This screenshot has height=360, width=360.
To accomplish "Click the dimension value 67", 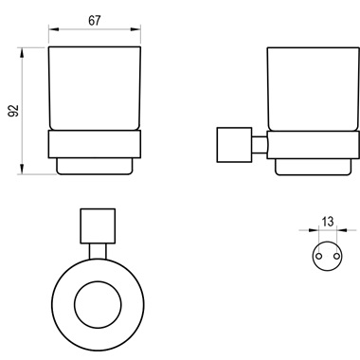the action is click(95, 21).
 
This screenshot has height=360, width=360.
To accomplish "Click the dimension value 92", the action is click(13, 111).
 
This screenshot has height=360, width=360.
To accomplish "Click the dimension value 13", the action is click(328, 222).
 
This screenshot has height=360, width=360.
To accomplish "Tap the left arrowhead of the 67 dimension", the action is click(54, 29).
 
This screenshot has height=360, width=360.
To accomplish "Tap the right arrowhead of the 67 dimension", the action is click(135, 29).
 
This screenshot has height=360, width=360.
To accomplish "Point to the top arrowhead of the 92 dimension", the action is click(22, 52).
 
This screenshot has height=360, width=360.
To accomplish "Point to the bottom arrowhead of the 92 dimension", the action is click(22, 169).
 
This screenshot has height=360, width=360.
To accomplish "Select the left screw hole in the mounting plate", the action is click(319, 255).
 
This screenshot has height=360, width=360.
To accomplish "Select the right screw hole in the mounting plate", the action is click(337, 255).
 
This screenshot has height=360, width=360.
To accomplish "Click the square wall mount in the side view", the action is click(234, 145).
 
